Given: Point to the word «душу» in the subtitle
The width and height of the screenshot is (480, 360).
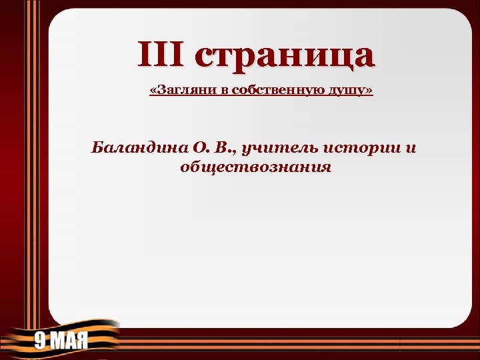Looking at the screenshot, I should click(x=347, y=91).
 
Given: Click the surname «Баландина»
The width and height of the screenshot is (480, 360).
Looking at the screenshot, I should click(x=137, y=147).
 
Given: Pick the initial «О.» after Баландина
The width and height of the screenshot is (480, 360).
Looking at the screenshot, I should click(x=199, y=147).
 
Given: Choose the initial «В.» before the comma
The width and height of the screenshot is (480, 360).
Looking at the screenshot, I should click(x=222, y=147).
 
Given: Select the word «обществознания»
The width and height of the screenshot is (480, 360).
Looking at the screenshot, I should click(x=255, y=167).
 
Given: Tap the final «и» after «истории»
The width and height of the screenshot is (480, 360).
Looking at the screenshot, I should click(x=410, y=147).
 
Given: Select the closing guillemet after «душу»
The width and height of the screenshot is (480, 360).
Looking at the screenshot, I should click(x=369, y=91).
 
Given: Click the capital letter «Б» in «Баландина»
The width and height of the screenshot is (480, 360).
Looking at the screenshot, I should click(x=97, y=147).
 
